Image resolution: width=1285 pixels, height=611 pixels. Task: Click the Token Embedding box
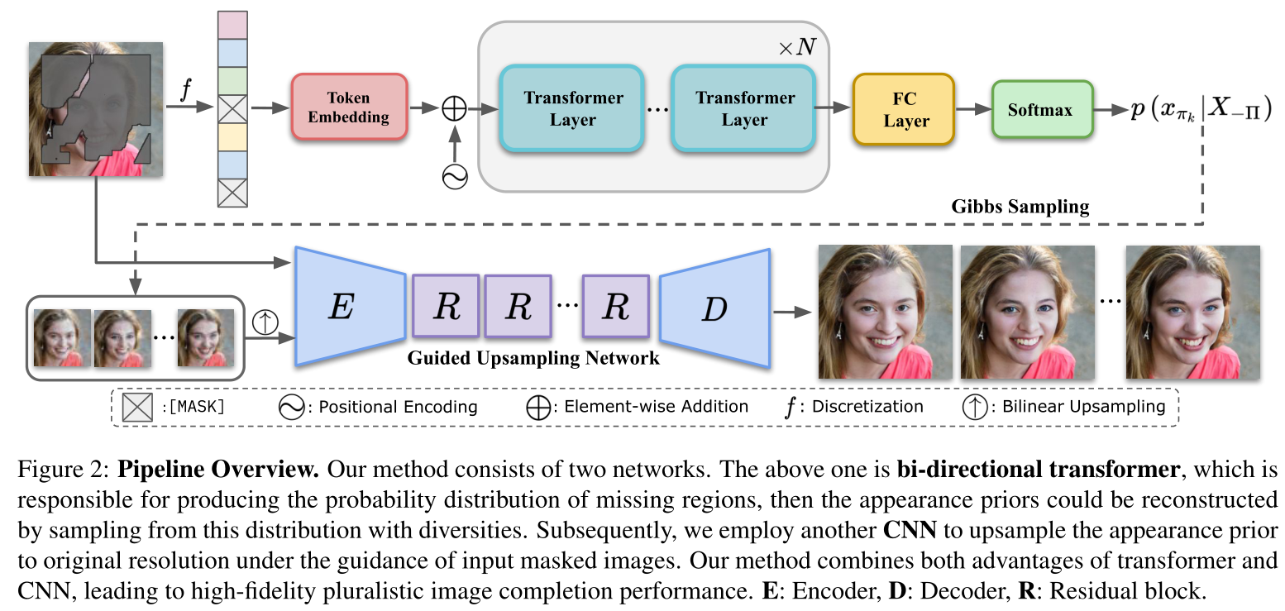349,107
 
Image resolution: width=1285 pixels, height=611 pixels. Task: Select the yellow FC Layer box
904,109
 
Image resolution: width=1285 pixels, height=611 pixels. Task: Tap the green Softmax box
1042,109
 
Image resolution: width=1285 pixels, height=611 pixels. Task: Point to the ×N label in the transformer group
796,47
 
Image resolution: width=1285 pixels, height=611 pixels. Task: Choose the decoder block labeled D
714,308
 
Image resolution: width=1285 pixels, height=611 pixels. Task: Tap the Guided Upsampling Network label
533,358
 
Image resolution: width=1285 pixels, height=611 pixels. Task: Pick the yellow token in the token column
231,136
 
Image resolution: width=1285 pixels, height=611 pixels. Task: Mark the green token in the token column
231,81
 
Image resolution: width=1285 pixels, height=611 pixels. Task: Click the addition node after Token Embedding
454,109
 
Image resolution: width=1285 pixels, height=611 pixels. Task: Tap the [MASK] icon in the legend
137,407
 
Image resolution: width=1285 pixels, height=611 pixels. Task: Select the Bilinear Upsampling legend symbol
974,407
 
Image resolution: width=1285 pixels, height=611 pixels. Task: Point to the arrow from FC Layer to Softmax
973,109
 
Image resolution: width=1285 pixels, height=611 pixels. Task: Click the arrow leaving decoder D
791,312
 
